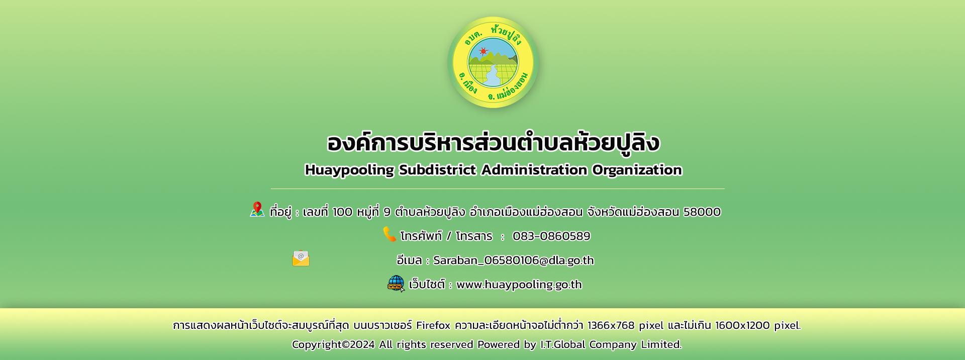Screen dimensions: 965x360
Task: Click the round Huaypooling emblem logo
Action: (493, 62)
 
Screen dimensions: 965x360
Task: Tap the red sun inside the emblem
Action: (484, 51)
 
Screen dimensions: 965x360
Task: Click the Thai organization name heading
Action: (493, 142)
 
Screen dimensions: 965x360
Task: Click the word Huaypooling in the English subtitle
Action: (349, 170)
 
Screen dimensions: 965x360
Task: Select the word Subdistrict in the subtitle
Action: (437, 170)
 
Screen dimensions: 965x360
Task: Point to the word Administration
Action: (534, 170)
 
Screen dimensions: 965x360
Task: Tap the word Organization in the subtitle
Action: (637, 170)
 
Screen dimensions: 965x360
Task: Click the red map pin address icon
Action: (257, 209)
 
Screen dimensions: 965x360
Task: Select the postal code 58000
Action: (702, 212)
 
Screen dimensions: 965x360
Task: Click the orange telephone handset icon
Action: (390, 234)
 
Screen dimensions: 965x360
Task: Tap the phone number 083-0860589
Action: (551, 236)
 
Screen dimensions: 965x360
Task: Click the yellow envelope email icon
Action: (301, 258)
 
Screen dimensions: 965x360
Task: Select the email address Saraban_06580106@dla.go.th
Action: (514, 260)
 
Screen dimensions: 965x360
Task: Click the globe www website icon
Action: (396, 284)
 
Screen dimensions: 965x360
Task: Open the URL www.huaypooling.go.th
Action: (519, 285)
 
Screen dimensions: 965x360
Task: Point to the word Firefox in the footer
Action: (433, 325)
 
